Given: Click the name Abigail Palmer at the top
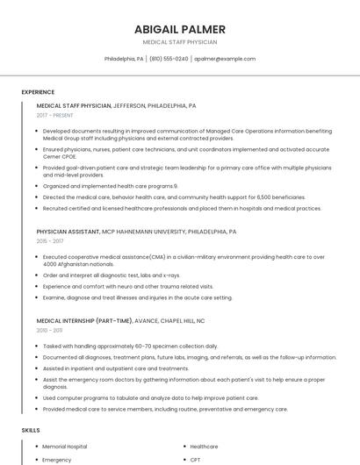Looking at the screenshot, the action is pos(180,29).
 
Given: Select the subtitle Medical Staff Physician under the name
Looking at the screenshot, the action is pos(180,42).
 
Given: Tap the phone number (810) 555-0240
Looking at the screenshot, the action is pos(169,59).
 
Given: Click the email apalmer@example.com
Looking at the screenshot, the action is pos(225,59).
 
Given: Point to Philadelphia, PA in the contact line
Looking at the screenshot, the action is pos(124,59).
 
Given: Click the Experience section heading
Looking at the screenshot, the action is pos(38,92).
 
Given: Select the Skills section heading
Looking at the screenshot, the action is pos(31,431).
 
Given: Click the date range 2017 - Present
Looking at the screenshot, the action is pos(55,115).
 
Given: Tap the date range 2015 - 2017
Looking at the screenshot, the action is pos(50,240).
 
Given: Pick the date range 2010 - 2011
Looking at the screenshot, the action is pos(49,330).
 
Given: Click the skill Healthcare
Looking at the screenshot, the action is pos(204,447).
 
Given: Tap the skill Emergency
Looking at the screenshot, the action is pos(57,460).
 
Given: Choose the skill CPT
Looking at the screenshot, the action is pos(196,460).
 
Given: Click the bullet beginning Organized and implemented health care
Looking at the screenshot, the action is pos(110,186).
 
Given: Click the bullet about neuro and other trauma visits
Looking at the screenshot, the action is pos(127,286).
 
